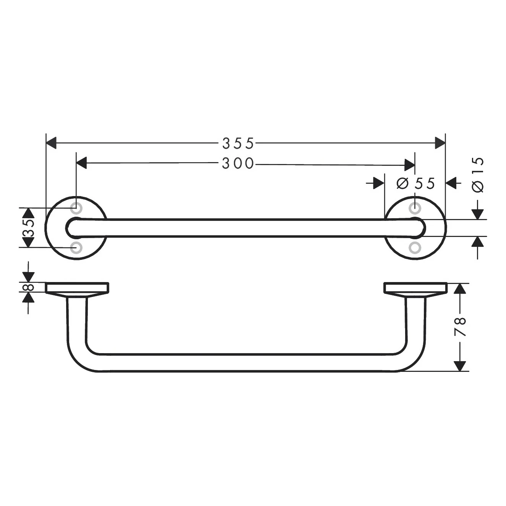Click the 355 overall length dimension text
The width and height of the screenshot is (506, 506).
pyautogui.click(x=238, y=144)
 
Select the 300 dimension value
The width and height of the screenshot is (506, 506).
pyautogui.click(x=238, y=164)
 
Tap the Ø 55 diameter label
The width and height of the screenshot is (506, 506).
pyautogui.click(x=416, y=184)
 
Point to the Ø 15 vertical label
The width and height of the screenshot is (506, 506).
pyautogui.click(x=478, y=175)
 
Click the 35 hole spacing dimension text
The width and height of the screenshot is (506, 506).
pyautogui.click(x=29, y=228)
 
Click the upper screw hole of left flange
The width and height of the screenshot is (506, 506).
pyautogui.click(x=76, y=209)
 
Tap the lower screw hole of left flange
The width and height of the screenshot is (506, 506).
pyautogui.click(x=76, y=247)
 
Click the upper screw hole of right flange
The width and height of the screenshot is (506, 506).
pyautogui.click(x=415, y=209)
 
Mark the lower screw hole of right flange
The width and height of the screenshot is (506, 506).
pyautogui.click(x=415, y=247)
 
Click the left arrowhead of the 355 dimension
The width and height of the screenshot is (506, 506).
pyautogui.click(x=51, y=143)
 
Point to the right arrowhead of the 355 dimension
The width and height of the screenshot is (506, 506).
pyautogui.click(x=440, y=143)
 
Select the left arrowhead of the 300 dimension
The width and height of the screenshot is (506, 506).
pyautogui.click(x=82, y=163)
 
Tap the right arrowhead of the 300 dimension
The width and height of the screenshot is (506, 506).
pyautogui.click(x=410, y=165)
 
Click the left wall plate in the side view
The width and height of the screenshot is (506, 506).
pyautogui.click(x=77, y=288)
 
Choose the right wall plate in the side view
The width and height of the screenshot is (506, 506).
pyautogui.click(x=415, y=288)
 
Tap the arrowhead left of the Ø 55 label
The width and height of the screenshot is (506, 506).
pyautogui.click(x=379, y=183)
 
